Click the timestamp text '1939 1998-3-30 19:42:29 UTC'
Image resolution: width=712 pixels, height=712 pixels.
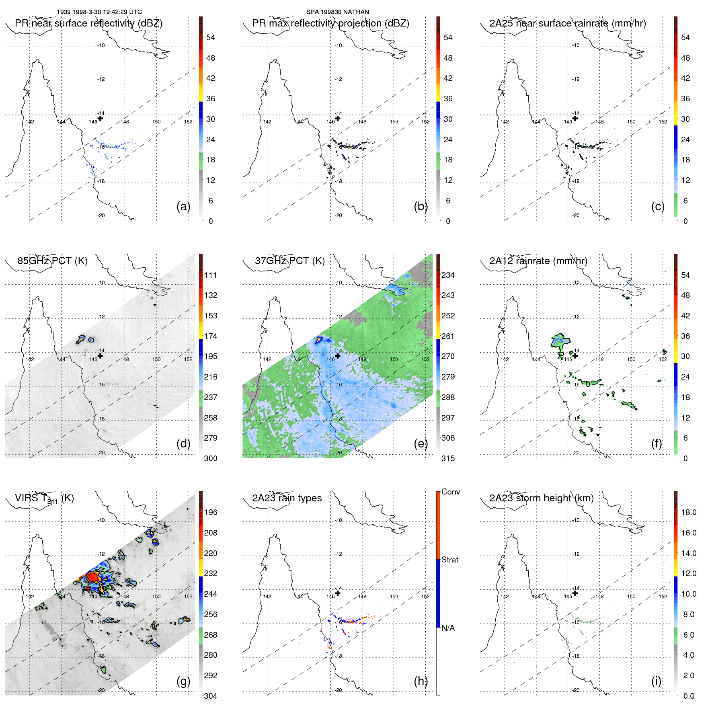tap(99, 12)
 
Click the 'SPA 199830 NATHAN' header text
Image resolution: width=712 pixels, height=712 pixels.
tap(337, 12)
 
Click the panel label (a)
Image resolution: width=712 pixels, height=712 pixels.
tap(183, 206)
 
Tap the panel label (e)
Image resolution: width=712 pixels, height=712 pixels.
tap(421, 443)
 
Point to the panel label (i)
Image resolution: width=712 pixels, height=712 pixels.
tap(656, 681)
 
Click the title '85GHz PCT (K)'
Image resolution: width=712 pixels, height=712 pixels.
tap(52, 261)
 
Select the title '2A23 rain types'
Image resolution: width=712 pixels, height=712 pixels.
tap(287, 498)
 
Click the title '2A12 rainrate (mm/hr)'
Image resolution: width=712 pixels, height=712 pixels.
tap(538, 261)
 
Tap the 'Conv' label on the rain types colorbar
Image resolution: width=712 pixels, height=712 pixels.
tap(450, 492)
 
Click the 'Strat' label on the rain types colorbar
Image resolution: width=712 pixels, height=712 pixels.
tap(449, 560)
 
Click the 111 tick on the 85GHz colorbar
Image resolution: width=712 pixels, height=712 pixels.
tap(211, 275)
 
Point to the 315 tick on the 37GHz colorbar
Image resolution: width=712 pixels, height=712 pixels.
tap(448, 458)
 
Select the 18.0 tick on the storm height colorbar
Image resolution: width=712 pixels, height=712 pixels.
tap(688, 512)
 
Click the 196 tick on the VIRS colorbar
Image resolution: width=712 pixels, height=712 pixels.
tap(211, 512)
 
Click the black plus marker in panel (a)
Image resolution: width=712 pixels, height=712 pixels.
tap(101, 118)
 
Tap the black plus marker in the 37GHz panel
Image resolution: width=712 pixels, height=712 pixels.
tap(338, 356)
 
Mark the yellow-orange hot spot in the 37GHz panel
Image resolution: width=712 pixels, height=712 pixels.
tap(319, 340)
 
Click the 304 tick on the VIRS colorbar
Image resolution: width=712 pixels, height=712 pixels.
tap(211, 696)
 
